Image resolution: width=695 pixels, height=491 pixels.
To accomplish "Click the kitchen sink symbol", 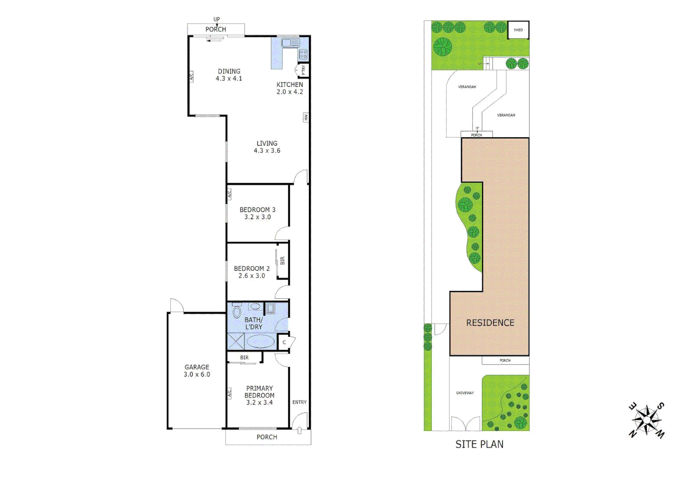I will [x=290, y=43].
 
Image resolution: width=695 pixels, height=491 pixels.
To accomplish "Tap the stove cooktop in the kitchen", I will [x=303, y=55].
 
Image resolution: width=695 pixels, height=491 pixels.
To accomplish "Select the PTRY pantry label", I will [x=303, y=70].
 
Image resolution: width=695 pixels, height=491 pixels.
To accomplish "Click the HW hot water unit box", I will [x=306, y=117].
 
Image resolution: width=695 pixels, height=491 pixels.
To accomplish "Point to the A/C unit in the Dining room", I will [x=191, y=76].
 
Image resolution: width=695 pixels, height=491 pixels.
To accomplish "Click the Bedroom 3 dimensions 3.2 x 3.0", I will [x=257, y=217].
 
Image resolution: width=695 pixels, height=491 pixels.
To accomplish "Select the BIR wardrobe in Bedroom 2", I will [x=282, y=261].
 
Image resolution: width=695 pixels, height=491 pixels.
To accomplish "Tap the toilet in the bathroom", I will [x=237, y=312].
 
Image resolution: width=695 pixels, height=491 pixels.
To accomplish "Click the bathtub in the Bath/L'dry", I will [x=261, y=341].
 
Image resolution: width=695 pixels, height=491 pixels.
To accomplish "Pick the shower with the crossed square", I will [x=236, y=341].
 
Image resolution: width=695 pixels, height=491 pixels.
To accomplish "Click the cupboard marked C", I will [x=284, y=342].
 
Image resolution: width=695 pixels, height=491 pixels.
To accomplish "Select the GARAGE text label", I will [x=197, y=367].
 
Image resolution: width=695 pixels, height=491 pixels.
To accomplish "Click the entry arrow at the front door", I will [x=299, y=430].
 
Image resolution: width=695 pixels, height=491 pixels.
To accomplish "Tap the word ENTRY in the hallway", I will [x=299, y=402].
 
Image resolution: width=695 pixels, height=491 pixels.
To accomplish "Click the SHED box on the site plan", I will [x=518, y=30].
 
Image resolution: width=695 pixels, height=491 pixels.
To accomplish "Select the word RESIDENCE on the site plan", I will [x=490, y=323].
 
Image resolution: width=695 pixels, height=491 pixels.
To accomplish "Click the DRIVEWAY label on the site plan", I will [x=465, y=393].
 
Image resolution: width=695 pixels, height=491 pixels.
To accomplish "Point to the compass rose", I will [x=646, y=420].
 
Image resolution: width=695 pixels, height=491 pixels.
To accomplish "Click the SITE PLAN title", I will [x=479, y=444].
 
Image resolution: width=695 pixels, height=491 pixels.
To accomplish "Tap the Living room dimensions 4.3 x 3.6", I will [x=267, y=151].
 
